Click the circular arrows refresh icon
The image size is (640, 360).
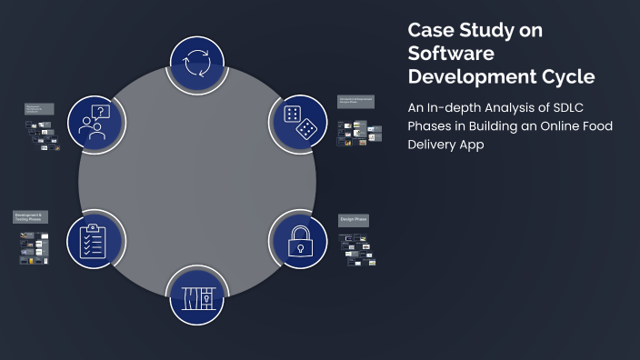[x=197, y=65]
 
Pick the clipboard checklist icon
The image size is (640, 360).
[x=95, y=239]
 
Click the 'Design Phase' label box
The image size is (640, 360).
[x=355, y=219]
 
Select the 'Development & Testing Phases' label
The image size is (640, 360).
[x=29, y=217]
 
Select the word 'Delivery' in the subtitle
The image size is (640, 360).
[x=434, y=144]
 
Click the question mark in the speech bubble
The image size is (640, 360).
[x=102, y=112]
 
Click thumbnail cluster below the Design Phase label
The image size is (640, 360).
[x=357, y=248]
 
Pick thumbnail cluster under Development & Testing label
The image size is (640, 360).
[x=35, y=247]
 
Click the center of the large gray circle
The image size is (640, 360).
[x=197, y=181]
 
